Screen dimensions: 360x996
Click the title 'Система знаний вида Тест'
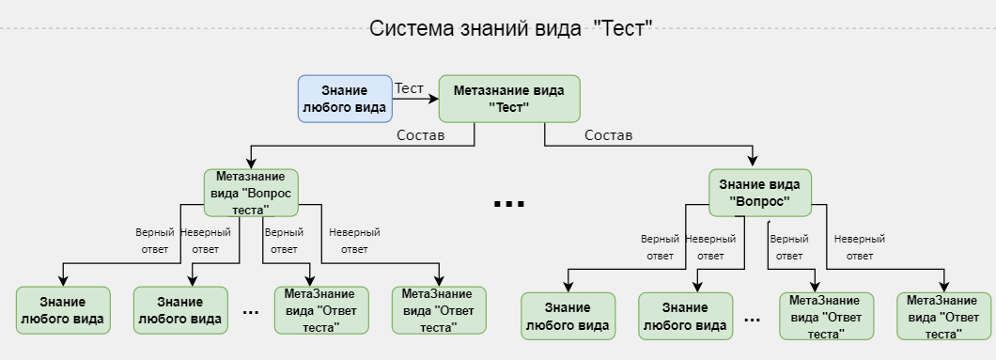coord(510,27)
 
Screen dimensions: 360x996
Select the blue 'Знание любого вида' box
coord(345,99)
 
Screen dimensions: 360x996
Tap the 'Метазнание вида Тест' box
coord(509,99)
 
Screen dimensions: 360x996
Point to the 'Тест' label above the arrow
coord(409,87)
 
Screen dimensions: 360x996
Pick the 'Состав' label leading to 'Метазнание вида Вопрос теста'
coord(420,135)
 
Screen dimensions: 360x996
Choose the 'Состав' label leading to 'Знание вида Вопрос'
coord(608,135)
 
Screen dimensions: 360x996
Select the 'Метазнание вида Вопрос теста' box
coord(251,193)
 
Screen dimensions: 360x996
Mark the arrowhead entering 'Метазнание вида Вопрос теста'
coord(251,164)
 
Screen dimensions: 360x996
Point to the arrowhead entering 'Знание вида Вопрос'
coord(754,162)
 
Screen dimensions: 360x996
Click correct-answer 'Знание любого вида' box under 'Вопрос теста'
coord(63,310)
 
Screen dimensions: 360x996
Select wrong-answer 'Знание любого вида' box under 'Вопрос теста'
coord(180,310)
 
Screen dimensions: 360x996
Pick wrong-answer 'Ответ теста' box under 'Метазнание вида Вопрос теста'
coord(439,310)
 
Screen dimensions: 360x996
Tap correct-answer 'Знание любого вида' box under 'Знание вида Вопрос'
coord(568,317)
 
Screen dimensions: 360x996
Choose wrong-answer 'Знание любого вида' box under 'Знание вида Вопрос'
coord(685,317)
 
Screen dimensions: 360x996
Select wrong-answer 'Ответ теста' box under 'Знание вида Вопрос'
coord(943,317)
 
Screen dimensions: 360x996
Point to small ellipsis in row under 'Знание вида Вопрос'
coord(752,321)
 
